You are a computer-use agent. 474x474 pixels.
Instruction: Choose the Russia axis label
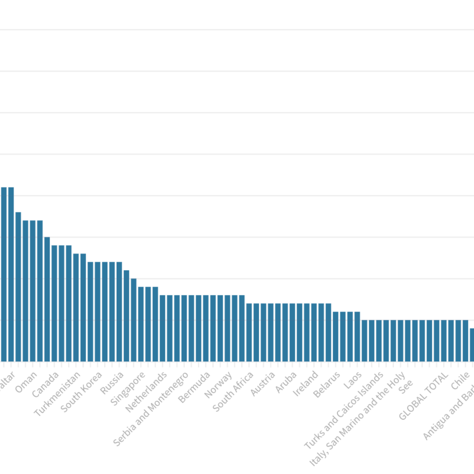click(112, 383)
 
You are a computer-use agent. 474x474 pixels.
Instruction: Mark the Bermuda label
click(195, 386)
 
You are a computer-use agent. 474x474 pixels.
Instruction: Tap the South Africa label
click(233, 391)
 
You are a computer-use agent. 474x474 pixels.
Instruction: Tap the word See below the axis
click(406, 387)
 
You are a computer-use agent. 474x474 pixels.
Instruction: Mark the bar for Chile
click(466, 340)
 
